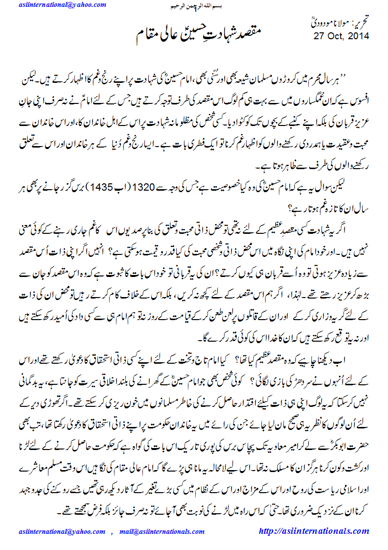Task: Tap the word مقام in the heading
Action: (147, 35)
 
